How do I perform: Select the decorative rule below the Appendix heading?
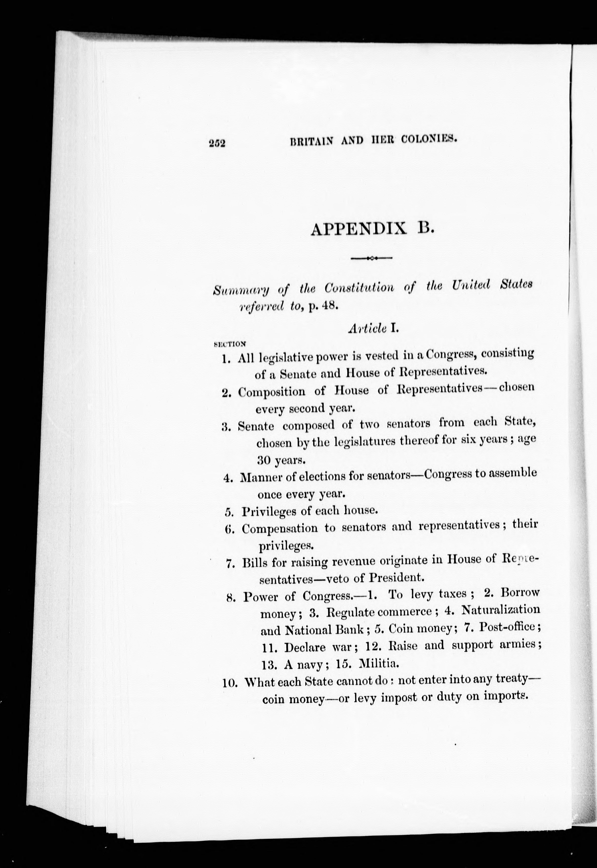click(x=371, y=258)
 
